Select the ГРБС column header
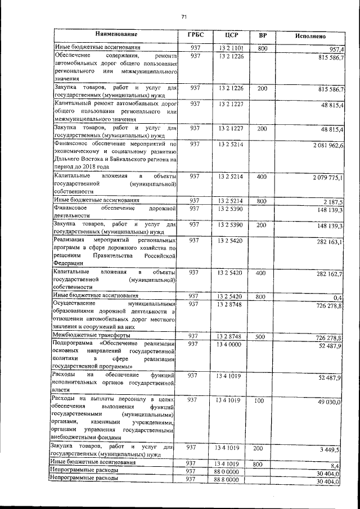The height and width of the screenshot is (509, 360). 195,35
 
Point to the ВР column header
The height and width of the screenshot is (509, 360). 262,35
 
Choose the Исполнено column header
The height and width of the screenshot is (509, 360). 310,35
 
